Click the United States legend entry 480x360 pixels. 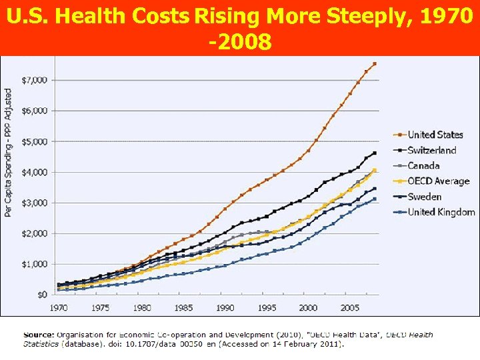click(x=435, y=135)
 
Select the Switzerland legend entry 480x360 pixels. click(x=432, y=150)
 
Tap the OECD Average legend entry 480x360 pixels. click(x=439, y=181)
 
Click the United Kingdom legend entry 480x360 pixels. click(x=441, y=212)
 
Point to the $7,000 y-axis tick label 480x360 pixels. click(x=34, y=80)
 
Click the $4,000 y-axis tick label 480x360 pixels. click(x=34, y=172)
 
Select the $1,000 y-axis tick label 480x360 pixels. click(x=34, y=264)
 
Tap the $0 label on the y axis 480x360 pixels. click(x=41, y=294)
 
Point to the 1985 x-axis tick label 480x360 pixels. click(x=183, y=308)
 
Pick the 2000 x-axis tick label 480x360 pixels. click(x=308, y=308)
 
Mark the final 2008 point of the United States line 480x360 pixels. click(x=375, y=64)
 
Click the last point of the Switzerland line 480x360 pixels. click(x=375, y=153)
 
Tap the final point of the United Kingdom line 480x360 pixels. click(x=375, y=199)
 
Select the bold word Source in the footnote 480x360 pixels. click(x=39, y=335)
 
